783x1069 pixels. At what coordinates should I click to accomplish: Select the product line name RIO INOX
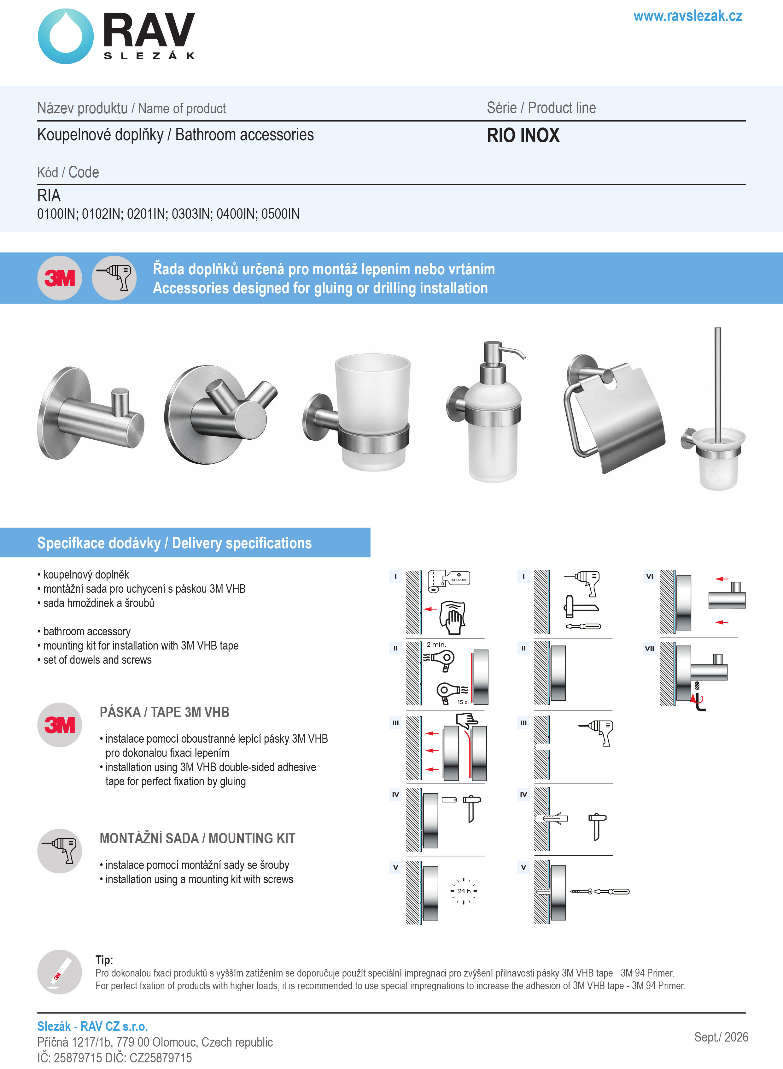pos(523,135)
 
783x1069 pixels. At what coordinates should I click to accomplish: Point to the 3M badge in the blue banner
pos(60,278)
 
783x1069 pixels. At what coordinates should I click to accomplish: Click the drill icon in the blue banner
pos(114,278)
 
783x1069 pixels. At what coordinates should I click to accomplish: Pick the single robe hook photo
pos(91,413)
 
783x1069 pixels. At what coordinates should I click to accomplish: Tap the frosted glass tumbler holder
pos(356,412)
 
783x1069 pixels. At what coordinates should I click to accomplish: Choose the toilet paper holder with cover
pos(614,413)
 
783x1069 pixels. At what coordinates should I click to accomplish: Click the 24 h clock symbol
pos(464,891)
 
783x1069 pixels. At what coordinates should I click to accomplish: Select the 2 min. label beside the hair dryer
pos(436,644)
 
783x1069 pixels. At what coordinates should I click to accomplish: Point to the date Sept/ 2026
pos(721,1037)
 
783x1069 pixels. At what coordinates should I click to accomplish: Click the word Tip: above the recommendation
pos(104,960)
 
